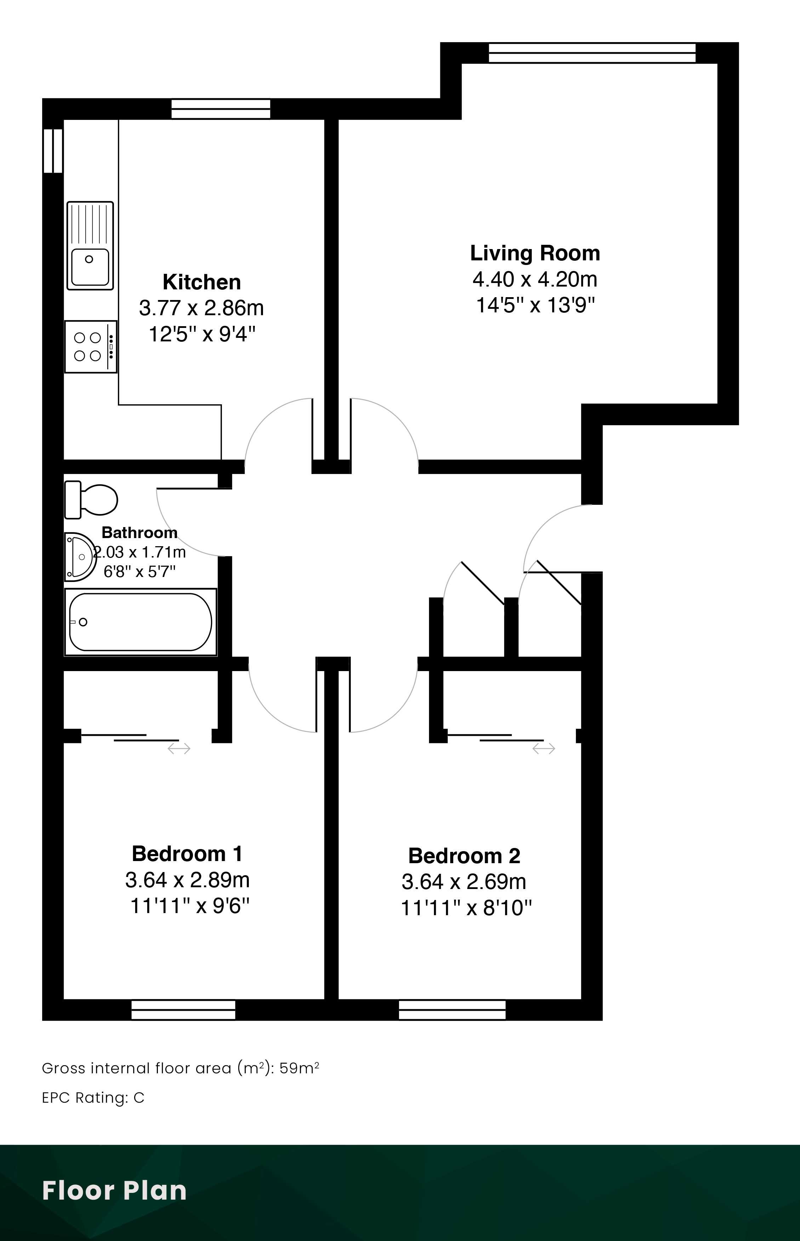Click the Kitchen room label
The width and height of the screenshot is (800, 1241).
point(201,282)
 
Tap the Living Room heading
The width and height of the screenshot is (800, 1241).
point(535,253)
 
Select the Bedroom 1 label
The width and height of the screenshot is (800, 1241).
point(187,854)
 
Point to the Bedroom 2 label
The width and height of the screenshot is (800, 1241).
point(464,856)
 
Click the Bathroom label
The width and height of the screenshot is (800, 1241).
point(139,532)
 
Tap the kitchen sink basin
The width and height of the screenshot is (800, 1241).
point(90,246)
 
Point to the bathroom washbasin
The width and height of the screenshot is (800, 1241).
point(80,557)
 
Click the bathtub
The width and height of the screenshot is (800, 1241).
point(140,622)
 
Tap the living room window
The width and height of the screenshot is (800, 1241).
point(592,53)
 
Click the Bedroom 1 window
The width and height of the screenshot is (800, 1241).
point(183,1010)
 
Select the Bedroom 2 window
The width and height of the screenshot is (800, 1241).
point(452,1010)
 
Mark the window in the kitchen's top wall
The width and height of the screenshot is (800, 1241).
point(221,109)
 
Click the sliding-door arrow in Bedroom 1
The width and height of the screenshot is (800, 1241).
point(179,749)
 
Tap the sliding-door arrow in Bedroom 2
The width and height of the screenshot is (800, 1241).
point(544,749)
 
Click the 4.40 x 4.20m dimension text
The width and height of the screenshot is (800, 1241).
point(535,279)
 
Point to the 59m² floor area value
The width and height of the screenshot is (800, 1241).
point(299,1068)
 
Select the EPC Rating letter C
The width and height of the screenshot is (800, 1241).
point(139,1098)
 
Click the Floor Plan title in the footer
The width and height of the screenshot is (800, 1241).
point(114,1191)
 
